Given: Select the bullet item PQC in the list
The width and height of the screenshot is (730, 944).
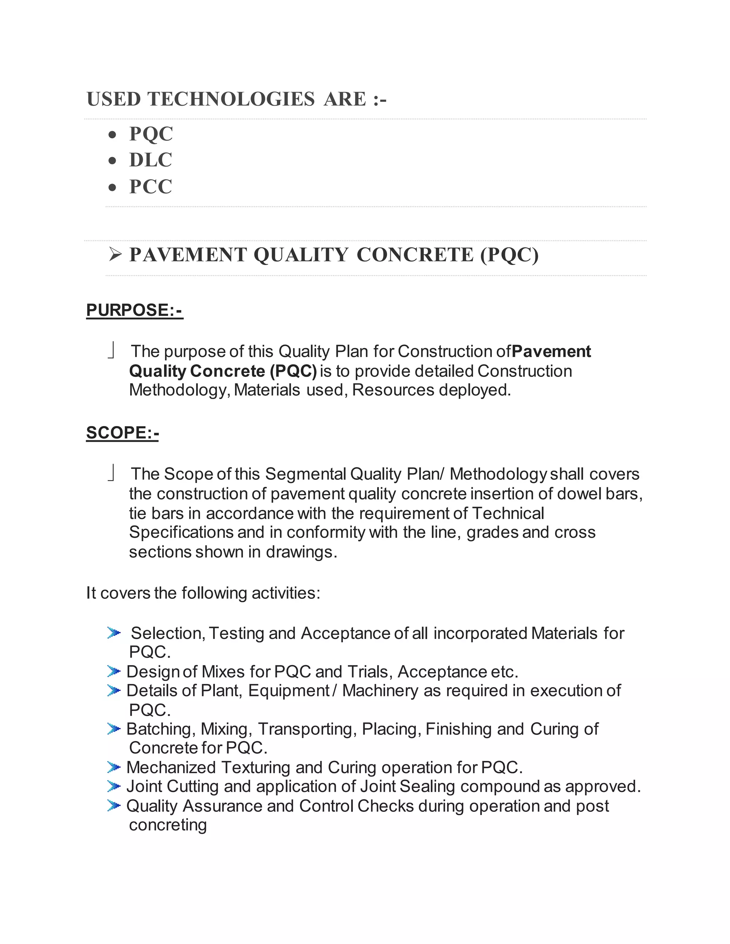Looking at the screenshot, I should tap(151, 134).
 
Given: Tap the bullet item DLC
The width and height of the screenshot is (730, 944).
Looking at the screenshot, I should tap(150, 160).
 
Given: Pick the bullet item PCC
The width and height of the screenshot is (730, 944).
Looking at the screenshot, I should tap(150, 187).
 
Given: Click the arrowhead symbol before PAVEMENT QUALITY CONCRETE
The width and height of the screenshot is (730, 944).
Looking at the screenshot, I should tap(115, 255).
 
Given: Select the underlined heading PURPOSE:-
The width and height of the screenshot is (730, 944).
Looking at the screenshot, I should tap(134, 310).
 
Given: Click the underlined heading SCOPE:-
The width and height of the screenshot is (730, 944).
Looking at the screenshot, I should tap(122, 433).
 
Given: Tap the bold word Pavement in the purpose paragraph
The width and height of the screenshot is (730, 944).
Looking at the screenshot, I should tap(551, 351).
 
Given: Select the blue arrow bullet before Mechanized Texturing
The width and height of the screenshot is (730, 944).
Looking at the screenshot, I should tap(114, 768).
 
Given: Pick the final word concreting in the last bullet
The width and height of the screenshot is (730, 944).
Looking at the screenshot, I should tap(168, 825).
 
